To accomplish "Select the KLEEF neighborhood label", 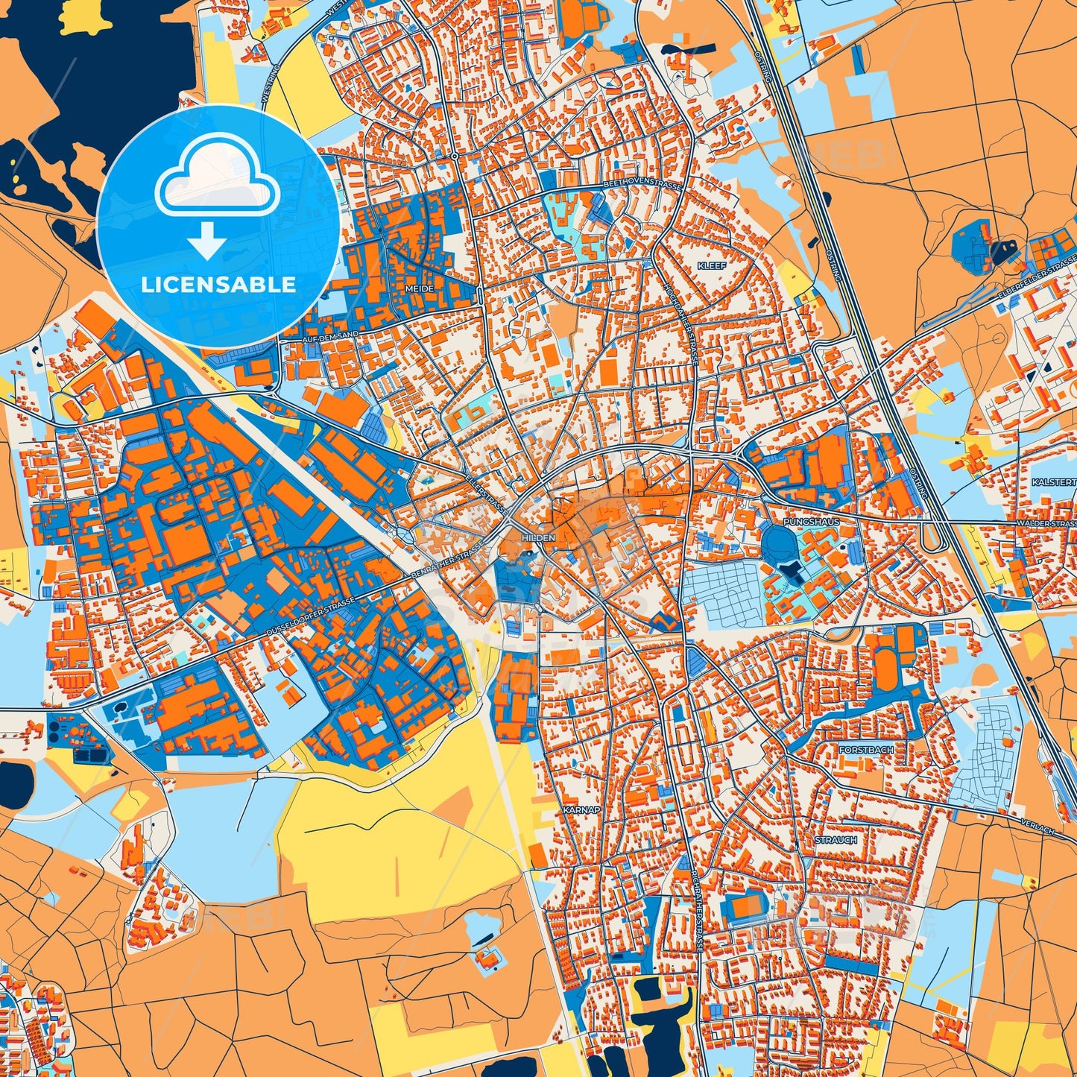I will tap(710, 265).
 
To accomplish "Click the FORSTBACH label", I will tap(865, 750).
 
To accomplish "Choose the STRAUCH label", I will tap(836, 839).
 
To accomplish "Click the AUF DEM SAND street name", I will tap(330, 336).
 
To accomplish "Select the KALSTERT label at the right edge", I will tap(1054, 483).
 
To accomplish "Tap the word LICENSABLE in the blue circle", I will tap(218, 285).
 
